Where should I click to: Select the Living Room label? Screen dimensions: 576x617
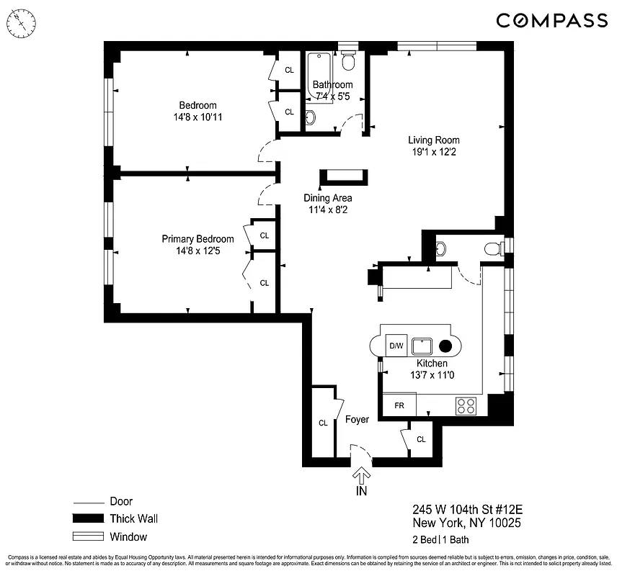coord(433,140)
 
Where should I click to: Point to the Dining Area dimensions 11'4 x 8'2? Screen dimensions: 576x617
coord(327,210)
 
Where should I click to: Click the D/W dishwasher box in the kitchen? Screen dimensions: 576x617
coord(396,346)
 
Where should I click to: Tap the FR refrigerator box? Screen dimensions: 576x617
coord(399,405)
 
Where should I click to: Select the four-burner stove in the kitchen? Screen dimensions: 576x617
coord(466,406)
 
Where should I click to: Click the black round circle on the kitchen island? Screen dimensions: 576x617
coord(445,346)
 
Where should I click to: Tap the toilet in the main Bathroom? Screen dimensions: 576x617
coord(348,63)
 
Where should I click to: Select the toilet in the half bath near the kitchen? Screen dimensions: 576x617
coord(493,249)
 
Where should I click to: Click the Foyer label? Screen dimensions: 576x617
coord(357,420)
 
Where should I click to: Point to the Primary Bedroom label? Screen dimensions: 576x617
coord(197,239)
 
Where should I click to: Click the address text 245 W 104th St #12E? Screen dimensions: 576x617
coord(465,509)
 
